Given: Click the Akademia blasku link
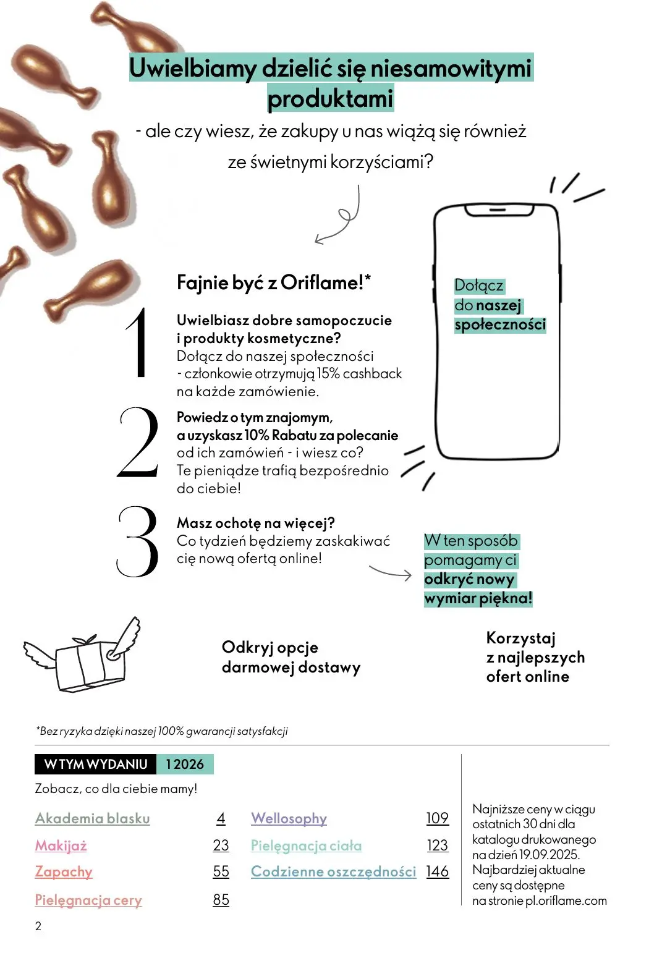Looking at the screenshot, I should tap(92, 818).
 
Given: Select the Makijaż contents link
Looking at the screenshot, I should tap(61, 846).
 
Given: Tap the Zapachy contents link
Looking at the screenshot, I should tap(64, 872).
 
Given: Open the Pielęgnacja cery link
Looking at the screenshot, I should tap(88, 900).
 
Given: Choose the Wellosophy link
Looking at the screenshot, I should tap(289, 818).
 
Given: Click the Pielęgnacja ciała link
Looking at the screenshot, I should tap(306, 846).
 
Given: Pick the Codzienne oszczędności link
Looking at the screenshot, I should tap(333, 872).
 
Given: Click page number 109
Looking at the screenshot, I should tap(437, 818).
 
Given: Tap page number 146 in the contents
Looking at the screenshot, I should tap(437, 872).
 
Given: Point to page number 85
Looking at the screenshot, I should tap(221, 900).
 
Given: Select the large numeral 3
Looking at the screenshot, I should tap(137, 542).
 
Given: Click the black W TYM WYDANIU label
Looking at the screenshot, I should tap(96, 765).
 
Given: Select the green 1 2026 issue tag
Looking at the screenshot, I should tap(184, 765).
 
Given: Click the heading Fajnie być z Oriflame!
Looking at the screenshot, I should tap(274, 283).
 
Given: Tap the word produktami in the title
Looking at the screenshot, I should tap(330, 99).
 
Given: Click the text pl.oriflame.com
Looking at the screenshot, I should tap(566, 901).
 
